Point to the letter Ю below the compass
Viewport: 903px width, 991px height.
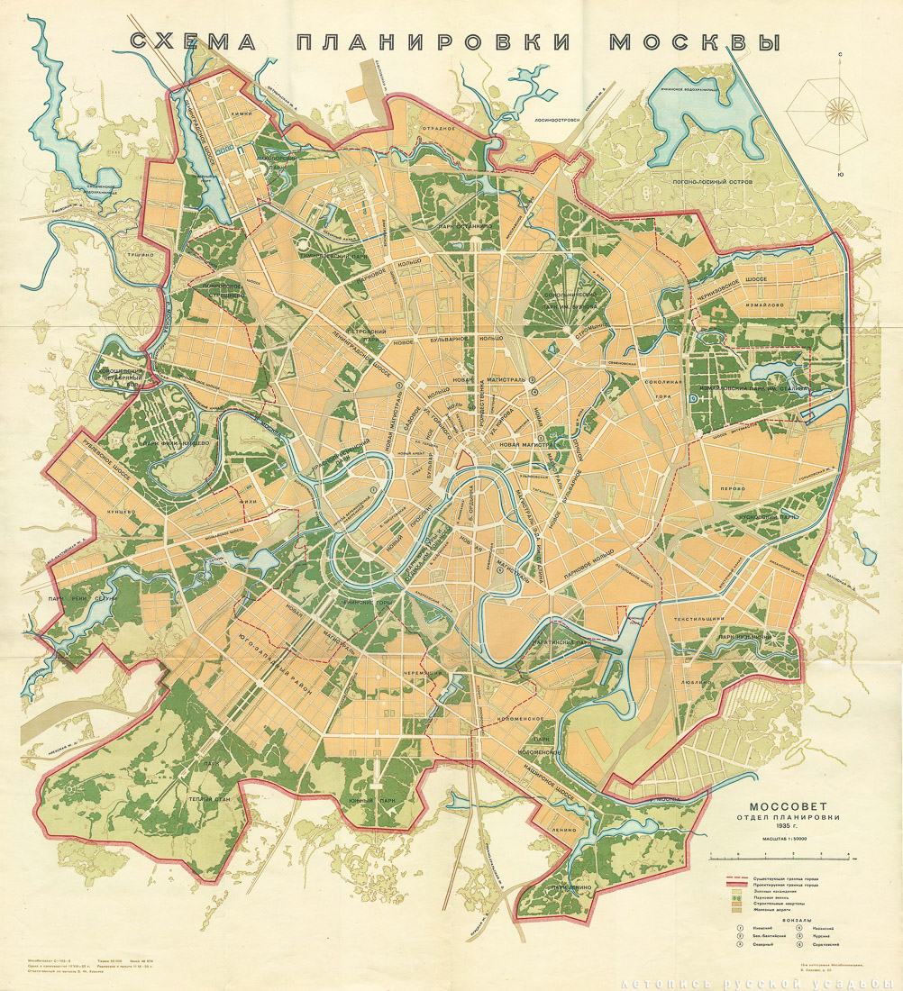pyautogui.click(x=840, y=174)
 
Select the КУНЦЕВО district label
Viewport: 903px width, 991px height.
pyautogui.click(x=120, y=511)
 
